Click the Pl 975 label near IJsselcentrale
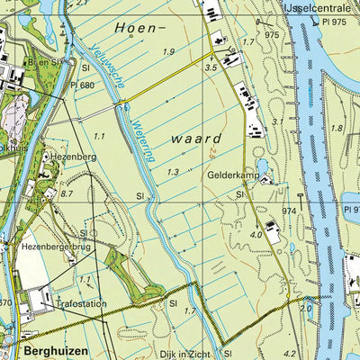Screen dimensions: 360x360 tap(335, 20)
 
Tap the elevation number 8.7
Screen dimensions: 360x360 tap(67, 193)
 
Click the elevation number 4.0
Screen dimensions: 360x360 tap(255, 235)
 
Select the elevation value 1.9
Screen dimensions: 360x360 tap(168, 51)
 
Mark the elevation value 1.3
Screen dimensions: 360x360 tap(172, 171)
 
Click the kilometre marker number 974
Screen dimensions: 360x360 tap(289, 210)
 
